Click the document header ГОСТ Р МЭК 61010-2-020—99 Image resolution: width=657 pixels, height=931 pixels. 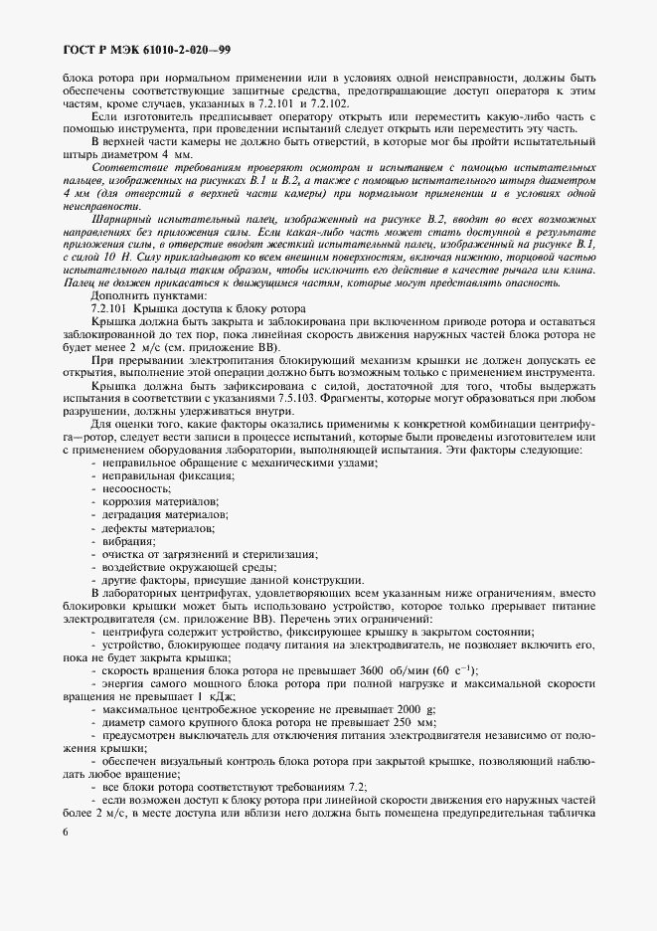pos(146,49)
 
